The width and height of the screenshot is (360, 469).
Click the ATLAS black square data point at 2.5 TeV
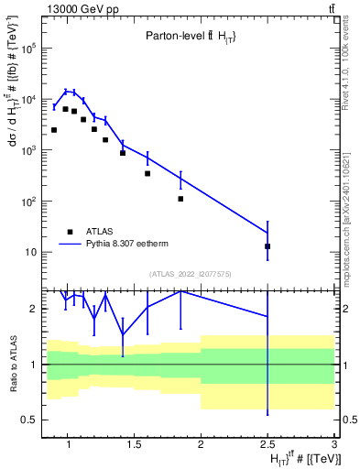[x=267, y=246]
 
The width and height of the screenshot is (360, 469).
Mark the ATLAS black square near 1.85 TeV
[x=180, y=199]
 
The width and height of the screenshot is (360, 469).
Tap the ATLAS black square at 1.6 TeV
[x=147, y=173]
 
